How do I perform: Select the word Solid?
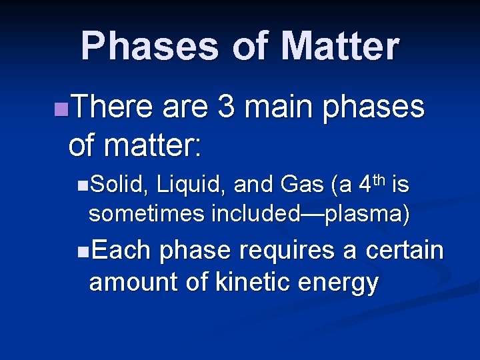117,185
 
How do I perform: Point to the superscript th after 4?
379,179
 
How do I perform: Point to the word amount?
133,282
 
